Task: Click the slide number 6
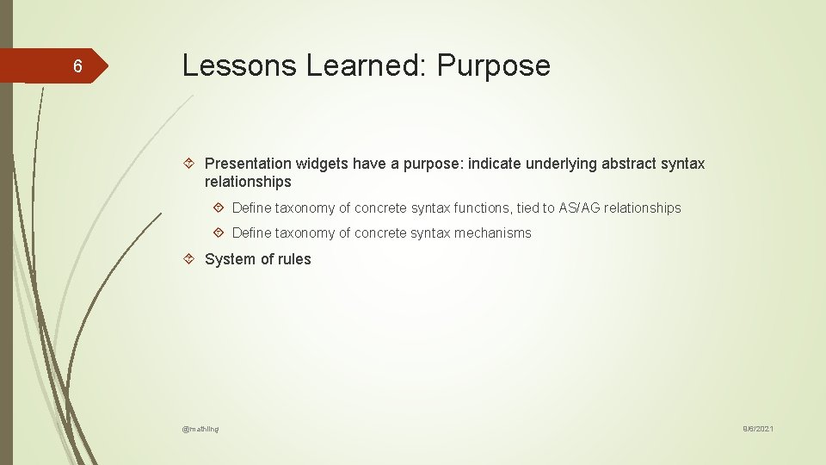click(77, 66)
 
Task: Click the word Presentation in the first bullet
click(249, 164)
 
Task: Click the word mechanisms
click(492, 232)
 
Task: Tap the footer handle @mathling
click(200, 429)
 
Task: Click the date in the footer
click(758, 429)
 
